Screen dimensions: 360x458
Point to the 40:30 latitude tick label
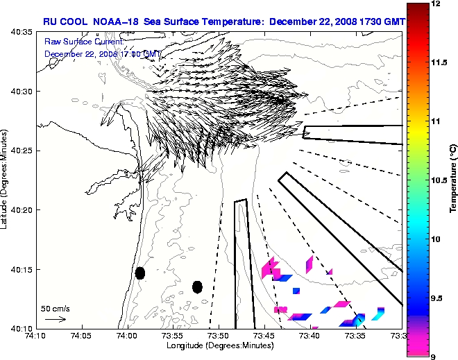point(19,92)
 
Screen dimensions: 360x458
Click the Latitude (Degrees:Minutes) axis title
point(6,180)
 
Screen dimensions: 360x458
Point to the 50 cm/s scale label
point(56,308)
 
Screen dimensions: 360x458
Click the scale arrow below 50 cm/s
point(56,319)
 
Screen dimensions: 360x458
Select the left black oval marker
point(139,273)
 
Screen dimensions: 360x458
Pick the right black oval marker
point(197,286)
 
